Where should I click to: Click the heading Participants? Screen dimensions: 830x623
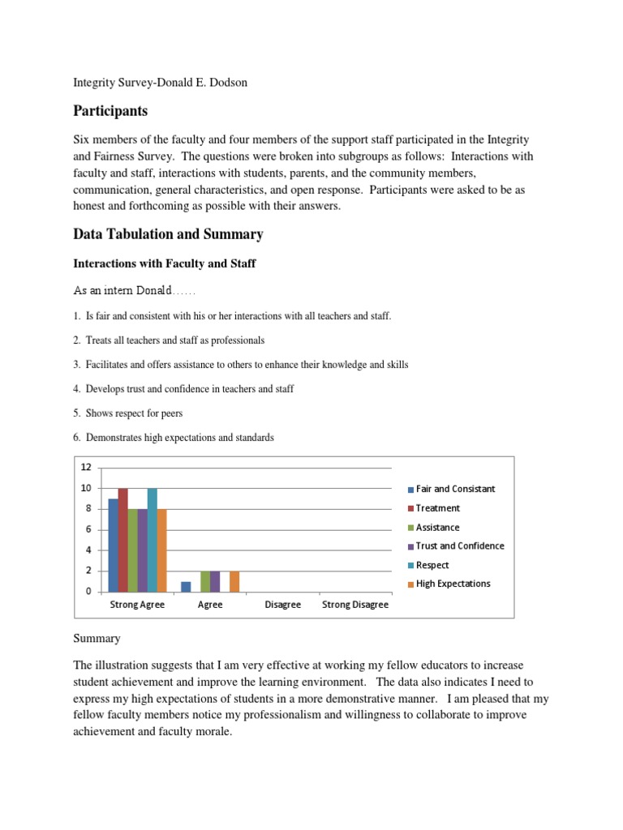pyautogui.click(x=110, y=110)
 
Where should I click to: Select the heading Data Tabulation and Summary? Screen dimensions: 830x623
pyautogui.click(x=168, y=234)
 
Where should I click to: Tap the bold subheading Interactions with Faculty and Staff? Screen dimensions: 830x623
pyautogui.click(x=165, y=263)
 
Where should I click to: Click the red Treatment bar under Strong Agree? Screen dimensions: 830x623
pyautogui.click(x=123, y=540)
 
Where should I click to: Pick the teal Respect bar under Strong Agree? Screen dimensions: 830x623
pyautogui.click(x=152, y=540)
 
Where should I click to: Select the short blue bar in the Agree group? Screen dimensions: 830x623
pyautogui.click(x=186, y=586)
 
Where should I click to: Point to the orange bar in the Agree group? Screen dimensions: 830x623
pyautogui.click(x=234, y=581)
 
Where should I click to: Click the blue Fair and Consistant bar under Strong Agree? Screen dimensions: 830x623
pyautogui.click(x=114, y=545)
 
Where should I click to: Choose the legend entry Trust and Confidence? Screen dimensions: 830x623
pyautogui.click(x=459, y=546)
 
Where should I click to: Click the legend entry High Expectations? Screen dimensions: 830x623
pyautogui.click(x=453, y=584)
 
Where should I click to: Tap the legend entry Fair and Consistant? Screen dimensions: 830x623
pyautogui.click(x=454, y=490)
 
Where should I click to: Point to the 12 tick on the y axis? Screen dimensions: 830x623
pyautogui.click(x=86, y=467)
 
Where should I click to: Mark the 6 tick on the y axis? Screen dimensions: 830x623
pyautogui.click(x=86, y=529)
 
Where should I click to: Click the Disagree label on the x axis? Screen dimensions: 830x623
pyautogui.click(x=282, y=605)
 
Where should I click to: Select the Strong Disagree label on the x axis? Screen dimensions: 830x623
pyautogui.click(x=355, y=605)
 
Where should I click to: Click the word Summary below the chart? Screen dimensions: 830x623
pyautogui.click(x=97, y=639)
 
